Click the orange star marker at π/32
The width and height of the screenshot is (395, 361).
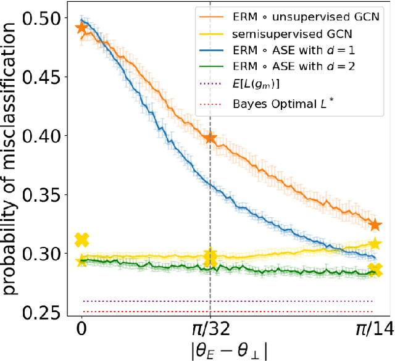coord(210,138)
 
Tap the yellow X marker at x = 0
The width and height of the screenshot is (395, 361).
coord(81,239)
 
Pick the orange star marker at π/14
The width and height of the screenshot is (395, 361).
coord(375,225)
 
